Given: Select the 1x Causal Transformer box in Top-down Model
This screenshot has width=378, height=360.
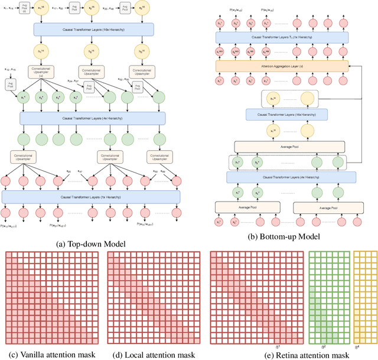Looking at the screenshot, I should pyautogui.click(x=91, y=197).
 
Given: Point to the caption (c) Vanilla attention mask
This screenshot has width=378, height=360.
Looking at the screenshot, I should pyautogui.click(x=50, y=355).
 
